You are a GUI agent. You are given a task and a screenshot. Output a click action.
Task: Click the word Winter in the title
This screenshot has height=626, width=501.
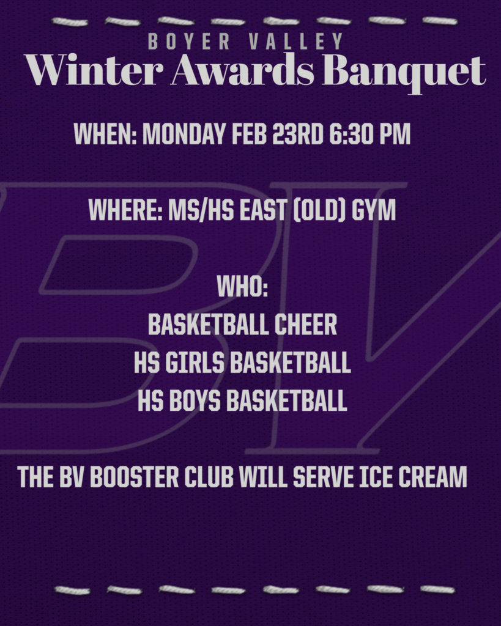pos(94,72)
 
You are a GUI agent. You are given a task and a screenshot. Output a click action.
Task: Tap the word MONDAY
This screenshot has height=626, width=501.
pos(185,135)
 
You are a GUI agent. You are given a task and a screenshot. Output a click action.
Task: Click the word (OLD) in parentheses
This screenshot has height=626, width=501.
pos(328,211)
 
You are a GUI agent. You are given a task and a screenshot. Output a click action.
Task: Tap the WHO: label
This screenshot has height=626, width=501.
pos(243,287)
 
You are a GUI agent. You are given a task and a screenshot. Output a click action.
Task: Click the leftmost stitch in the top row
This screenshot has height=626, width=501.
pos(69,21)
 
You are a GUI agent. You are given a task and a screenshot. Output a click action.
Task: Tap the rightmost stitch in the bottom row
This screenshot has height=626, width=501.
pos(437,589)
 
